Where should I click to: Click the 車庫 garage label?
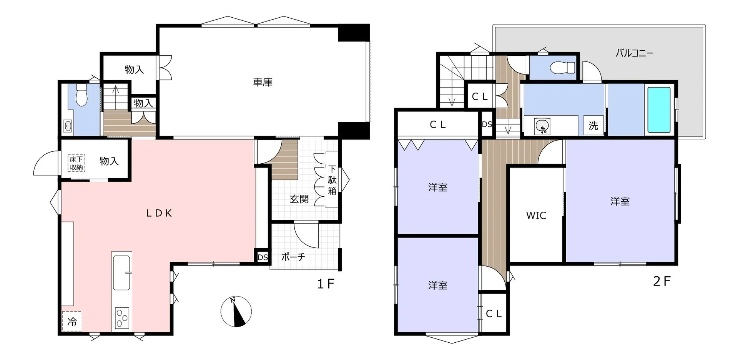(x=263, y=82)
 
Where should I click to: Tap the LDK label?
(x=159, y=213)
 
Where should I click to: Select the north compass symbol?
(x=236, y=312)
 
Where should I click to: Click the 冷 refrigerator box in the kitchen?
(x=72, y=321)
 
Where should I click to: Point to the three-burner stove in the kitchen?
(x=122, y=319)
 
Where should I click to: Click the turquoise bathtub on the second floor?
(x=659, y=110)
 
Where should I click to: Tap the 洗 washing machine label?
(x=593, y=125)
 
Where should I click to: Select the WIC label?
(x=536, y=216)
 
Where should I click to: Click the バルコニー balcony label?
(x=634, y=53)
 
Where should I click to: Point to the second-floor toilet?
(x=562, y=68)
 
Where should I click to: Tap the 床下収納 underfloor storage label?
(x=76, y=163)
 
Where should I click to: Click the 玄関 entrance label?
(x=299, y=199)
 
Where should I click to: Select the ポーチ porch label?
(x=293, y=257)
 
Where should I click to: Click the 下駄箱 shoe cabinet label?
(x=332, y=180)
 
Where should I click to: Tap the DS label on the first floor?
(x=263, y=257)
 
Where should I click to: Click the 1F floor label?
(x=326, y=284)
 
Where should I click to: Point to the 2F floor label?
(x=662, y=282)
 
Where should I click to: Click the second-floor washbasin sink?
(x=542, y=126)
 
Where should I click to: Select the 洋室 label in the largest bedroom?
(x=620, y=201)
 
